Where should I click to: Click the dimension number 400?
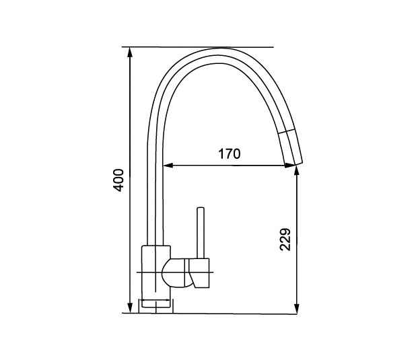[118, 180]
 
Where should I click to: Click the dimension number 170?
[230, 154]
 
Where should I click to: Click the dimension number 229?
[285, 240]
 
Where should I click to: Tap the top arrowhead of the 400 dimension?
[130, 52]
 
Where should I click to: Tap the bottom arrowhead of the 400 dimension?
[130, 308]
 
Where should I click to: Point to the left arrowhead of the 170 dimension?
[168, 166]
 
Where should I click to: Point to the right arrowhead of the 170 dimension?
[289, 166]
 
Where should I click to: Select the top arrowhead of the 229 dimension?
[297, 171]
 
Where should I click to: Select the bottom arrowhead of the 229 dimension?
[297, 309]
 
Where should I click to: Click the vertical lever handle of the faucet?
[201, 233]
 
